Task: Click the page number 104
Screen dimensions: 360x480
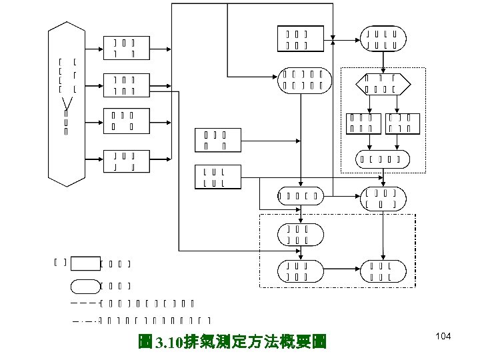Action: tap(443, 337)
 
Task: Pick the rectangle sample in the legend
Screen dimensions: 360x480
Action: tap(84, 263)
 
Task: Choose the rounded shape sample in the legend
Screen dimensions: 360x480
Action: tap(84, 287)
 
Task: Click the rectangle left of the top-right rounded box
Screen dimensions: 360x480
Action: tap(295, 39)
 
